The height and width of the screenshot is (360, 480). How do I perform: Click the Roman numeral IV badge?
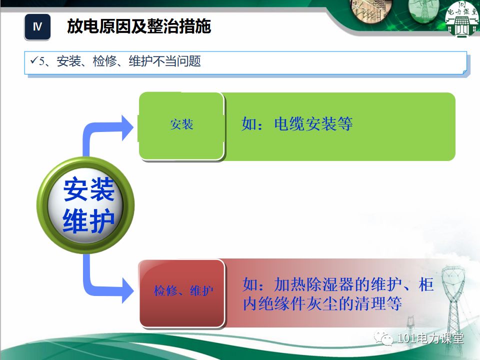click(x=37, y=27)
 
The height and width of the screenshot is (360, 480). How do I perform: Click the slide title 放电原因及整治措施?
click(x=139, y=27)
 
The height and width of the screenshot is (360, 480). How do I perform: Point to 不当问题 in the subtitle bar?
click(x=182, y=61)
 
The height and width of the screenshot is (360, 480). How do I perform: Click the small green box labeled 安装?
click(x=181, y=124)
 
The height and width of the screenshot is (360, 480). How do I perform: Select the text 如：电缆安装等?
click(x=297, y=124)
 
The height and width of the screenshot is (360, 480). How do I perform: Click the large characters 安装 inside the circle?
click(x=88, y=189)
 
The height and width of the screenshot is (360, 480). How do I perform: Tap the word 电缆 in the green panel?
click(x=289, y=124)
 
